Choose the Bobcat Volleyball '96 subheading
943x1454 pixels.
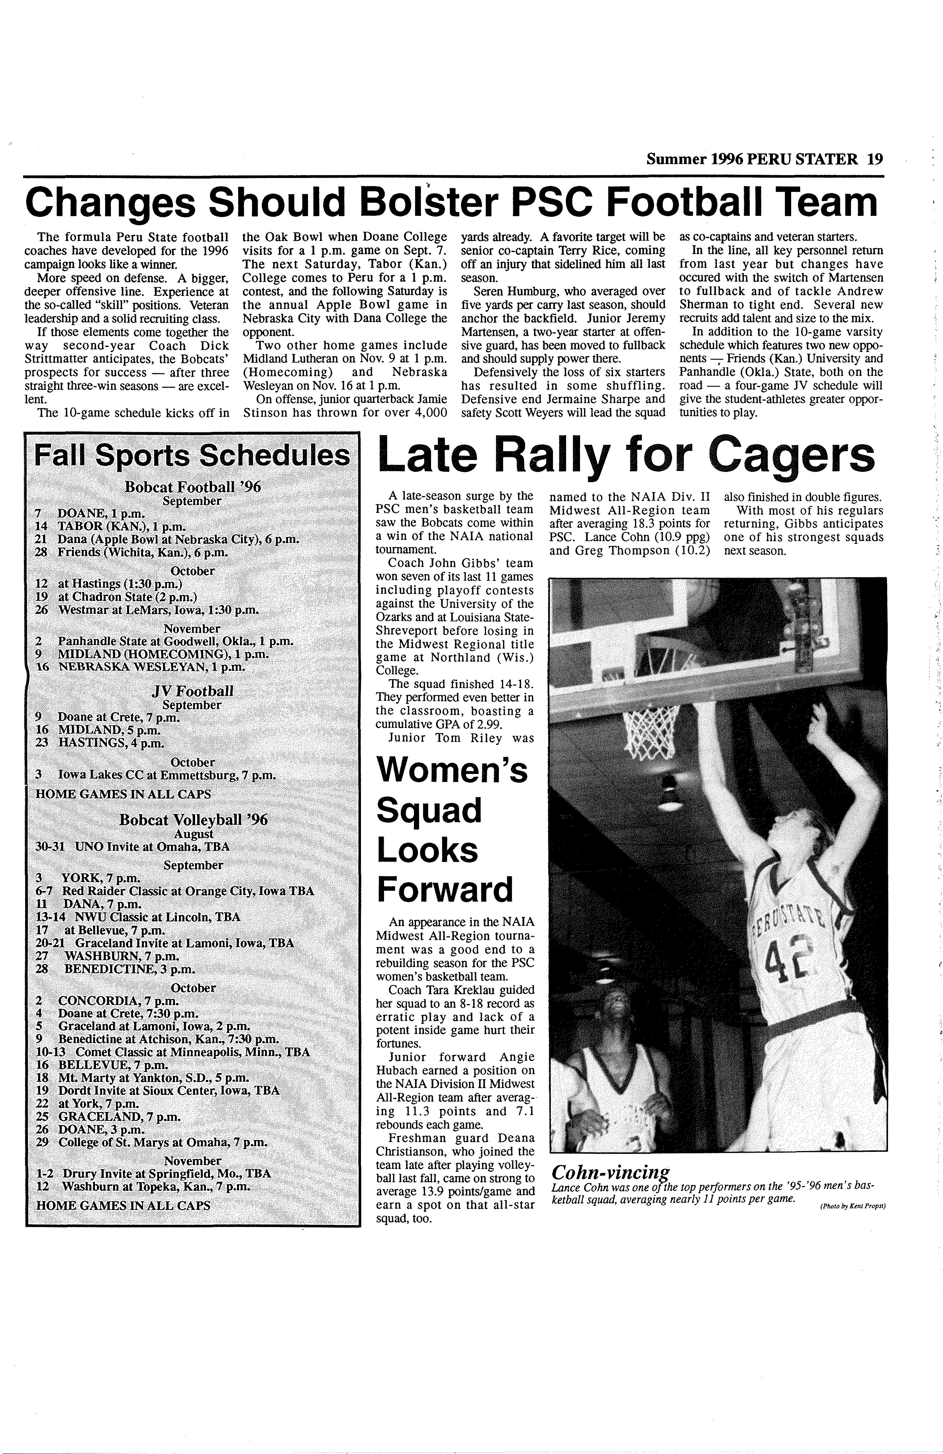pyautogui.click(x=193, y=820)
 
